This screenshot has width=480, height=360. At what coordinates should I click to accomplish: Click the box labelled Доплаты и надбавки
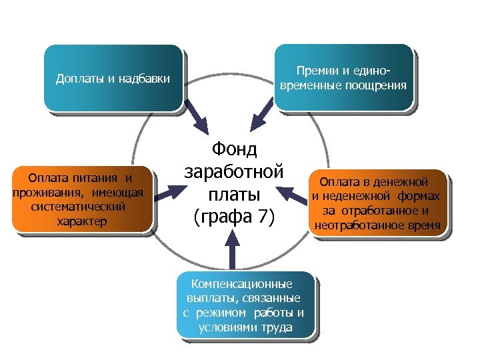pyautogui.click(x=113, y=77)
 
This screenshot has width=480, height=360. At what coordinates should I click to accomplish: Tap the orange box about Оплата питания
pyautogui.click(x=82, y=199)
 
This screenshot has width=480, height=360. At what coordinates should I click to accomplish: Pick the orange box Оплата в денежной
pyautogui.click(x=376, y=203)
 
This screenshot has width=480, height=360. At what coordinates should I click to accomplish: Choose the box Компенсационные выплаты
pyautogui.click(x=245, y=305)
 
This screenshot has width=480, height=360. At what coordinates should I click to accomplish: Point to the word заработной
pyautogui.click(x=233, y=171)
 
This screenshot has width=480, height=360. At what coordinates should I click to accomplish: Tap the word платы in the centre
pyautogui.click(x=233, y=194)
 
